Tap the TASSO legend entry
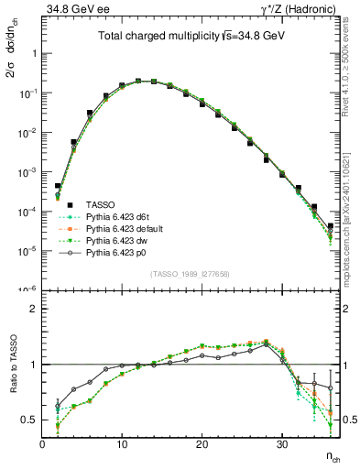click(x=98, y=204)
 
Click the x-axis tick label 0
click(x=42, y=444)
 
